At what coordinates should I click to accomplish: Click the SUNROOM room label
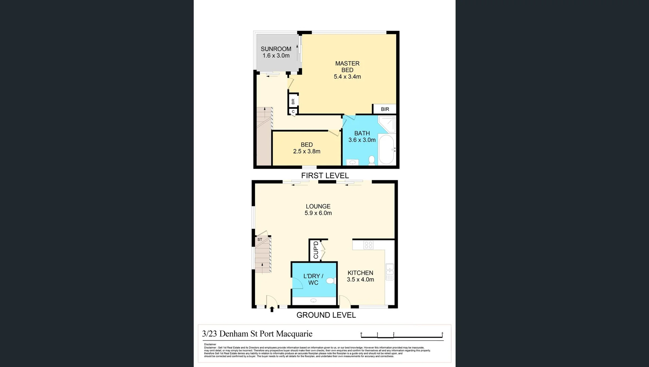coord(276,49)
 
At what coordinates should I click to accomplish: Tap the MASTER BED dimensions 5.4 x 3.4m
coord(347,77)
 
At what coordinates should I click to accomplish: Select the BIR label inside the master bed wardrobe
coord(385,109)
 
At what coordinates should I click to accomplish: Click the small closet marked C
coord(293,111)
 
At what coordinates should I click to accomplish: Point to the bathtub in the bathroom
coord(386,150)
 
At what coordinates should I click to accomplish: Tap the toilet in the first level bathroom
coord(372,160)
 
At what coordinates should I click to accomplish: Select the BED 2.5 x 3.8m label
coord(307,148)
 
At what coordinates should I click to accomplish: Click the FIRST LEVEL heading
coord(325,176)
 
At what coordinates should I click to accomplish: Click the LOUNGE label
coord(318,206)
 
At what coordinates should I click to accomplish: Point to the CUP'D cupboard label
coord(316,250)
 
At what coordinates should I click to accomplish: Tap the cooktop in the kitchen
coord(368,245)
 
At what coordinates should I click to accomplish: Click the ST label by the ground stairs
coord(260,240)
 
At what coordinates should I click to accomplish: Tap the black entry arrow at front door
coord(272,309)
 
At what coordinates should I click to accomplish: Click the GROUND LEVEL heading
coord(326,315)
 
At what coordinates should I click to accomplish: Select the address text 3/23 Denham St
coord(257,334)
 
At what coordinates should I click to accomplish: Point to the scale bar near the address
coord(402,335)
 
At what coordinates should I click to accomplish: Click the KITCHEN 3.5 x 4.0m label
coord(360,276)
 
